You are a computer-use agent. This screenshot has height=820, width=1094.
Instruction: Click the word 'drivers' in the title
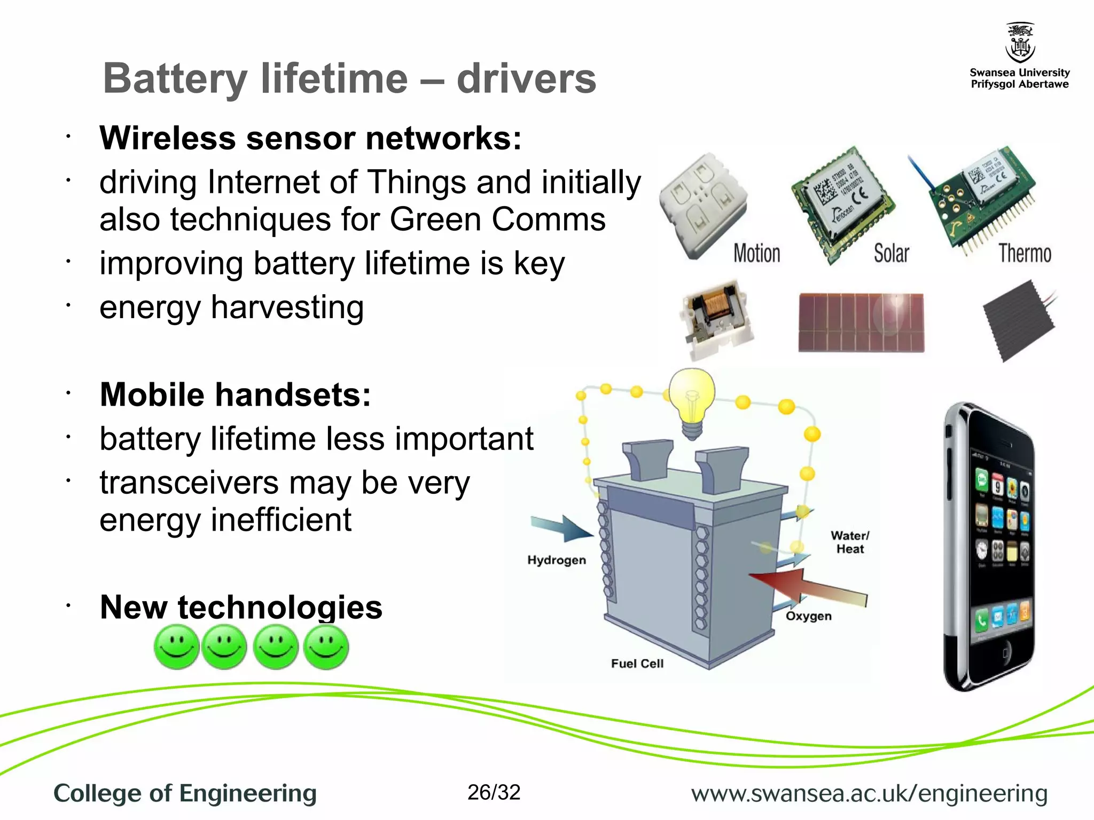(526, 78)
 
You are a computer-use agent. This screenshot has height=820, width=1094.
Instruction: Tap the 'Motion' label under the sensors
(756, 254)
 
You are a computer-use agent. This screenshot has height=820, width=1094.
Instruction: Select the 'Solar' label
(891, 254)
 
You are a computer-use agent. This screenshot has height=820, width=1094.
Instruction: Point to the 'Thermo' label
(1025, 254)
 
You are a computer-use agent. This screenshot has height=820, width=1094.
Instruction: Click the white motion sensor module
(702, 206)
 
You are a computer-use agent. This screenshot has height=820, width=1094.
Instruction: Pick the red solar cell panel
(861, 322)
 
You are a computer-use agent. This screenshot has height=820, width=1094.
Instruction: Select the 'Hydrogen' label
(556, 560)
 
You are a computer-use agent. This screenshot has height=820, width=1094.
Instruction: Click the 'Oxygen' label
(808, 616)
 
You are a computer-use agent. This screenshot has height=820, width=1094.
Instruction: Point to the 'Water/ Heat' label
(849, 542)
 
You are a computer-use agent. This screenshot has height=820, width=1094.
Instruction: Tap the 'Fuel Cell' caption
(637, 664)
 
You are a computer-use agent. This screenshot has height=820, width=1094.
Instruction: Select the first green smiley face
(176, 647)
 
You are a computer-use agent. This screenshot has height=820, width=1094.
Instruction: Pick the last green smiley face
(326, 647)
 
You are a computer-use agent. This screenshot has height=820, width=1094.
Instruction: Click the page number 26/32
(494, 793)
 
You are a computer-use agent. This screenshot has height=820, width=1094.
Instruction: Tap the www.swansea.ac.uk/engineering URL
(869, 794)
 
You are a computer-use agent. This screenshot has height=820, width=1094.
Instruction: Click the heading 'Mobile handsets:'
(235, 395)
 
